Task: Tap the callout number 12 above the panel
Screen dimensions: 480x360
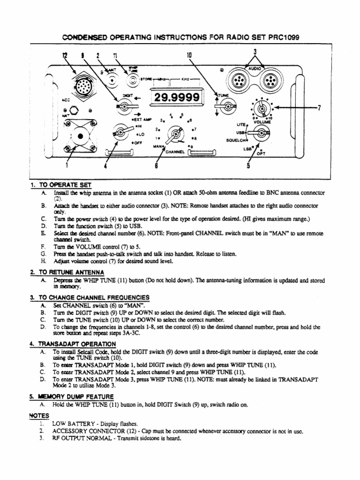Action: click(x=65, y=56)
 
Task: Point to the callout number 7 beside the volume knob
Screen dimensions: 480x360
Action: click(x=319, y=108)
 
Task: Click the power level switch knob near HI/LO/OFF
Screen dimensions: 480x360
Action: click(x=115, y=134)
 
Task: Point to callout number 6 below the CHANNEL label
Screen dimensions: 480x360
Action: click(x=156, y=165)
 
